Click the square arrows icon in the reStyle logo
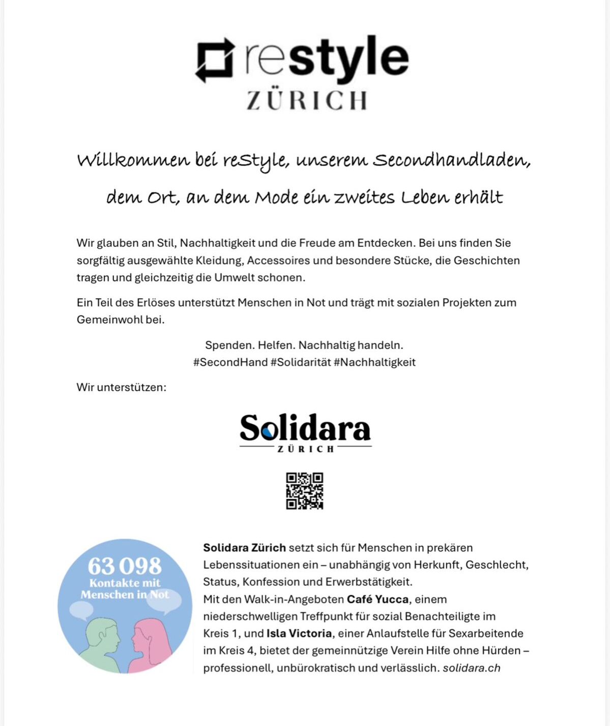tap(215, 60)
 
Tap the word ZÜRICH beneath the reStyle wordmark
tap(307, 100)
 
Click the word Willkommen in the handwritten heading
tap(133, 160)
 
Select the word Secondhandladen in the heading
tap(452, 160)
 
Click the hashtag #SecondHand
tap(230, 362)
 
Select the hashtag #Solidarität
tap(301, 362)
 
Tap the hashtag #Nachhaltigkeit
tap(375, 362)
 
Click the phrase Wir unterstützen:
tap(122, 387)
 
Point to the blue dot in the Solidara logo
tap(269, 432)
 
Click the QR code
tap(304, 491)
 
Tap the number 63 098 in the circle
tap(125, 566)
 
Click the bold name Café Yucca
tap(377, 599)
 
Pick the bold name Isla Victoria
tap(299, 633)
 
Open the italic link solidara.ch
tap(472, 668)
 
